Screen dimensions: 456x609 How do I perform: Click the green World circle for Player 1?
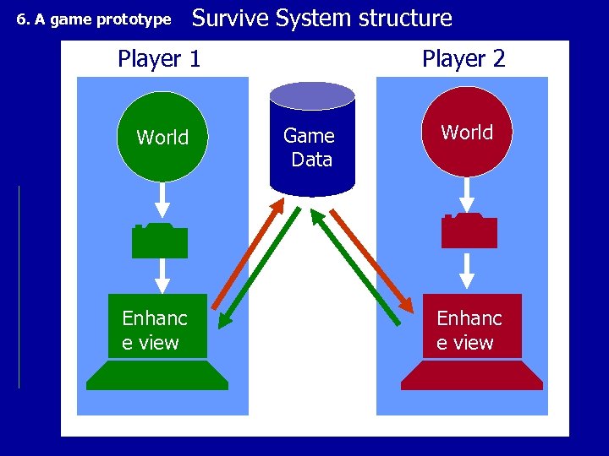(x=162, y=136)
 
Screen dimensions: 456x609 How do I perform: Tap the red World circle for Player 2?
(x=467, y=132)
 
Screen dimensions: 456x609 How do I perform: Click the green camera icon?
(x=159, y=241)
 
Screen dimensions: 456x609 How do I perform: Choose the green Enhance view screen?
(x=157, y=326)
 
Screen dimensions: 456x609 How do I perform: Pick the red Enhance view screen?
(x=472, y=326)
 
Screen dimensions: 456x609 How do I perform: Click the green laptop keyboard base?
(x=157, y=375)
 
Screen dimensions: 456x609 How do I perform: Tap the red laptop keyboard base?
(x=472, y=375)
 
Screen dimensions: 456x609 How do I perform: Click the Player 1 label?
(x=159, y=59)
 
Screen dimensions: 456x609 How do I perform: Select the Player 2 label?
(x=464, y=59)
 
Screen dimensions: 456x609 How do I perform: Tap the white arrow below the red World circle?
(x=466, y=194)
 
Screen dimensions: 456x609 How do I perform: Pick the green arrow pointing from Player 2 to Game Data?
(x=355, y=266)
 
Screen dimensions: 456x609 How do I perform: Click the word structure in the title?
(x=404, y=18)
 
